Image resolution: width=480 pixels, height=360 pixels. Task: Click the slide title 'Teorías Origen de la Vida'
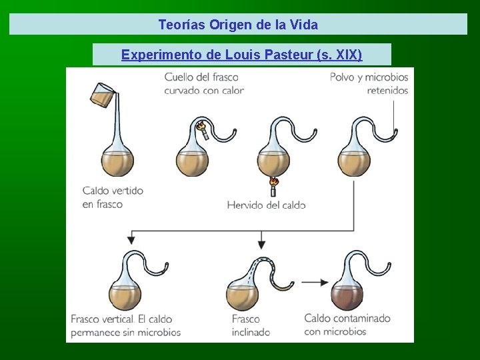(x=238, y=25)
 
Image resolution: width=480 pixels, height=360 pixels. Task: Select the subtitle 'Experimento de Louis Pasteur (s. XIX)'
(x=241, y=55)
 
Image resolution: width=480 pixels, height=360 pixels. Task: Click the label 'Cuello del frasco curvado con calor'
(x=204, y=84)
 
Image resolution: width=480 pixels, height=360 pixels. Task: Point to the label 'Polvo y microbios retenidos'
(x=369, y=84)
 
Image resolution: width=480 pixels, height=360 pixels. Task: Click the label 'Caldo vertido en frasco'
(x=113, y=197)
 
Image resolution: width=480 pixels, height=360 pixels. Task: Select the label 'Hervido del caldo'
(x=266, y=205)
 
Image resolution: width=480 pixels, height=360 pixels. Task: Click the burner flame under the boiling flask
(x=273, y=182)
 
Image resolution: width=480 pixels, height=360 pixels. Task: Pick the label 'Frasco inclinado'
(x=251, y=325)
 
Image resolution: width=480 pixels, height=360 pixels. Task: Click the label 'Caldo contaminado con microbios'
(x=347, y=325)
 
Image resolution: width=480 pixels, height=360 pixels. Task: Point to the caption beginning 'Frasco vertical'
(x=126, y=325)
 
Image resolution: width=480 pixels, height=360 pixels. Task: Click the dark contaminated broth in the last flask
(x=347, y=296)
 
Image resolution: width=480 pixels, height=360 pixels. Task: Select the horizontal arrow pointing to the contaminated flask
(x=315, y=282)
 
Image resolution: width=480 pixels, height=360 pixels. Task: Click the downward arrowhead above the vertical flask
(x=132, y=238)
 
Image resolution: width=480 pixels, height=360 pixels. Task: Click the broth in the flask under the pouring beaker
(x=117, y=161)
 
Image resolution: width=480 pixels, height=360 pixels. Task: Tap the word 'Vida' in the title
(x=304, y=25)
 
